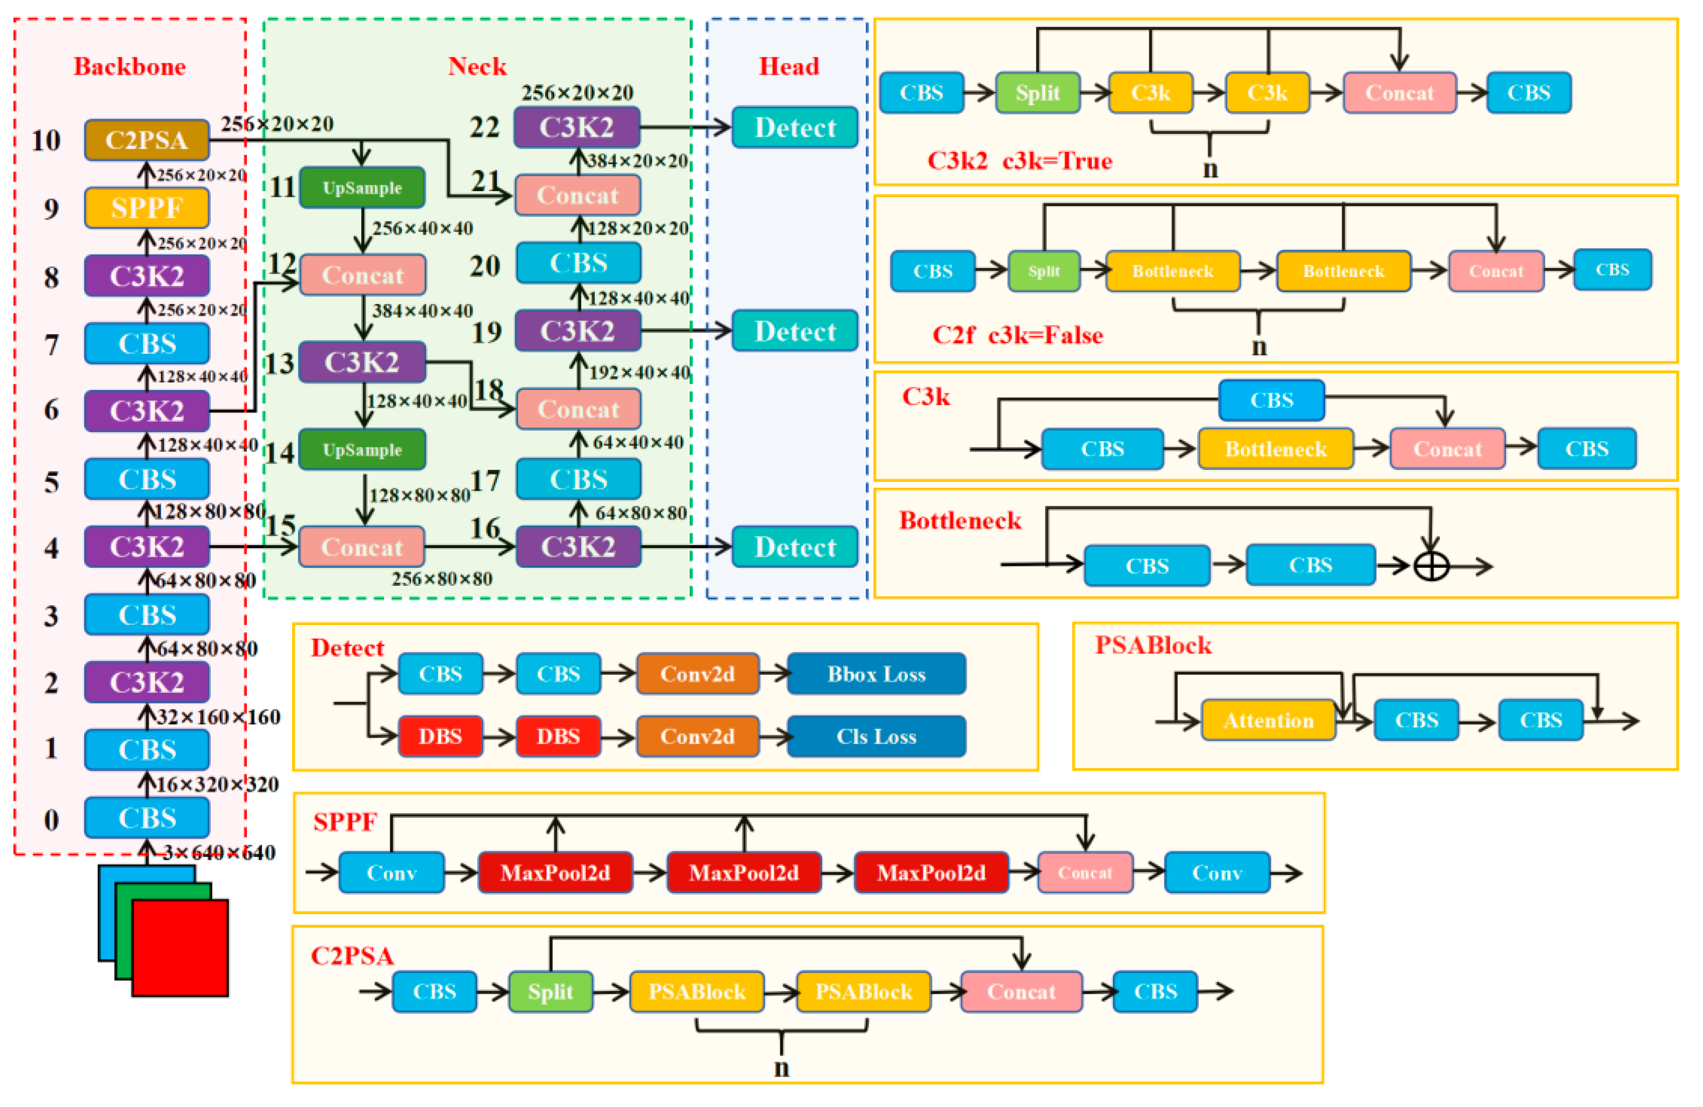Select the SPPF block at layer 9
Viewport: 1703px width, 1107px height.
tap(147, 208)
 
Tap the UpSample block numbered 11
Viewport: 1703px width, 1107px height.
tap(362, 188)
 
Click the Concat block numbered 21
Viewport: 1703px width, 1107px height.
tap(578, 195)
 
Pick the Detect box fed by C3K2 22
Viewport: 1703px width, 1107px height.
tap(795, 127)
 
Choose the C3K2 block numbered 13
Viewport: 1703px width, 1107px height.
tap(362, 362)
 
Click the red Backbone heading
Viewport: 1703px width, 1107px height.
tap(130, 67)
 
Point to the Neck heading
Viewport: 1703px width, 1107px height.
tap(477, 67)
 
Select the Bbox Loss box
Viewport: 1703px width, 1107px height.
tap(877, 674)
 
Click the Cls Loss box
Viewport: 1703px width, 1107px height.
tap(877, 736)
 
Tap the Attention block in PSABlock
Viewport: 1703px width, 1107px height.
tap(1269, 720)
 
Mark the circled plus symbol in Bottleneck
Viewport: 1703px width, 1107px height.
tap(1431, 567)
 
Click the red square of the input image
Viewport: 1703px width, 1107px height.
tap(180, 948)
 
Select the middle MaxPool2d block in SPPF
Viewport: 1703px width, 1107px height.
tap(744, 872)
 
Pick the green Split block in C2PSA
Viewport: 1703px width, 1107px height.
tap(551, 992)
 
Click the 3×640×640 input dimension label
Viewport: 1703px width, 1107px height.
tap(219, 852)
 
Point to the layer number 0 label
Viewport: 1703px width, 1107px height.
tap(51, 819)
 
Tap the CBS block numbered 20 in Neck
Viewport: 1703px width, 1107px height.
tap(578, 263)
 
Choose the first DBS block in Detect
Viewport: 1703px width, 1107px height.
tap(440, 736)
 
